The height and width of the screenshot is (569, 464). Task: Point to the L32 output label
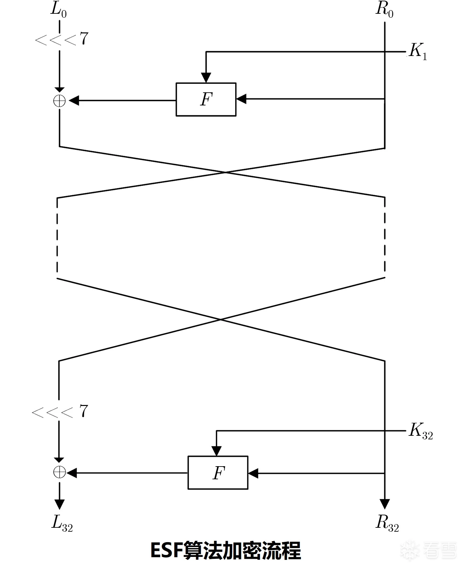(62, 523)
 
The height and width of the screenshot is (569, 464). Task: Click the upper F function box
(206, 99)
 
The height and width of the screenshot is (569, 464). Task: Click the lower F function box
(218, 472)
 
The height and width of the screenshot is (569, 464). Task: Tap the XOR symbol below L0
(59, 101)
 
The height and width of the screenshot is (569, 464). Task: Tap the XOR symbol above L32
(59, 472)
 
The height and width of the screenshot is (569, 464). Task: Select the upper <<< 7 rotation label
(61, 39)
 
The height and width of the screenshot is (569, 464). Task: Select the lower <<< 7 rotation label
(60, 412)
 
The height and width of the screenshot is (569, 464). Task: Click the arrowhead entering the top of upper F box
(206, 78)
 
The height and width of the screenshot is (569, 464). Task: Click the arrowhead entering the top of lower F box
(216, 451)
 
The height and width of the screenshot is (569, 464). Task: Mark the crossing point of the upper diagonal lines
(225, 172)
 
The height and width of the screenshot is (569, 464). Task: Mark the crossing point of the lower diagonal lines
(221, 320)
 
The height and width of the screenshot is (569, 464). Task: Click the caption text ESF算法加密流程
(226, 551)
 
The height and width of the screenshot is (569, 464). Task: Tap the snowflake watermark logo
(410, 550)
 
